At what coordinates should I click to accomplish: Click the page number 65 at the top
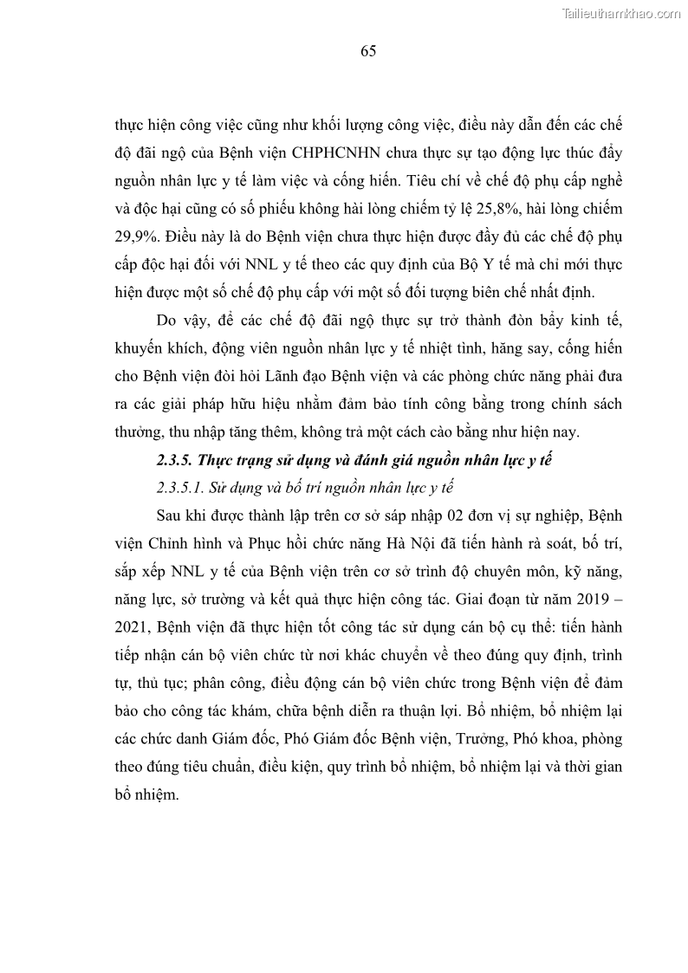pyautogui.click(x=367, y=51)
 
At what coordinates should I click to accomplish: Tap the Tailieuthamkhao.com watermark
pyautogui.click(x=622, y=13)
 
